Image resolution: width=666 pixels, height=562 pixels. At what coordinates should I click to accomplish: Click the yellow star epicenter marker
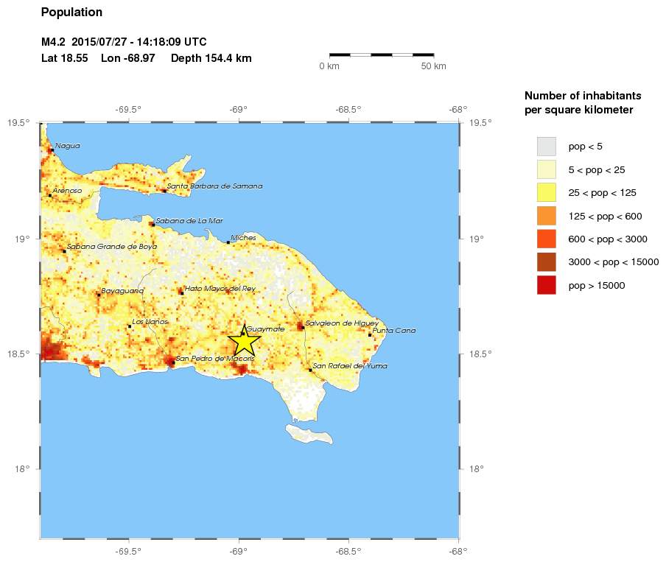(x=243, y=341)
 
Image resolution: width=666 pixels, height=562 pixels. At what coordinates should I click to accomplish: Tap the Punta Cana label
(x=394, y=330)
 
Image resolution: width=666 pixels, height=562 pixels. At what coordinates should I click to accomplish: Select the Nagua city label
(x=68, y=145)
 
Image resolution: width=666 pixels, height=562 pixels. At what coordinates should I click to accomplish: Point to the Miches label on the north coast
(x=243, y=238)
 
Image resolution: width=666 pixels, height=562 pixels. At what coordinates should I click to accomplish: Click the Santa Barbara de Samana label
(x=214, y=186)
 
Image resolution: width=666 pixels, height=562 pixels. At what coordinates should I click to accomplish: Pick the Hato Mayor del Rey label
(x=220, y=288)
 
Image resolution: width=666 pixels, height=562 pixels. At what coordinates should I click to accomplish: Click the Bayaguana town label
(x=122, y=290)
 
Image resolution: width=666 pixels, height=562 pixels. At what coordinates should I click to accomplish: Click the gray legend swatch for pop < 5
(x=546, y=146)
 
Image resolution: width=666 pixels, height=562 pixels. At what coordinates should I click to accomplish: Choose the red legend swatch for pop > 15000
(x=546, y=285)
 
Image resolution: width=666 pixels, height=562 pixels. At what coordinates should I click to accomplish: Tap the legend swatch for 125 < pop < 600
(x=546, y=216)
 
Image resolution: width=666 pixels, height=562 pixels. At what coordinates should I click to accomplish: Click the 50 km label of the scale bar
(x=433, y=67)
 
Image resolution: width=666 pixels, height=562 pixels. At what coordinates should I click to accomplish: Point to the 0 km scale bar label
(x=329, y=67)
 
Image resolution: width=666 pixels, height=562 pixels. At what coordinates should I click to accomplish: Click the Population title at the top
(x=71, y=13)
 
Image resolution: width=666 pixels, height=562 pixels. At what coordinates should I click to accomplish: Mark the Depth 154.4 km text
(x=211, y=58)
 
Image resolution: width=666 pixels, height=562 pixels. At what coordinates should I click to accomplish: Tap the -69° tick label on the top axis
(x=238, y=110)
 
